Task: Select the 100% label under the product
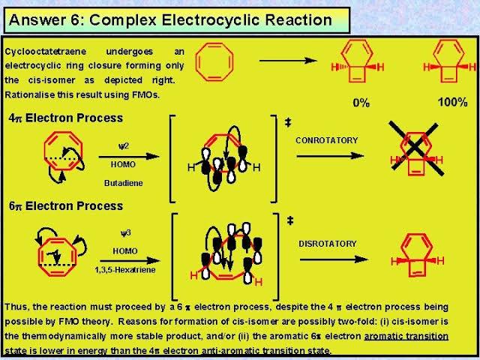(x=452, y=101)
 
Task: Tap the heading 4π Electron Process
(x=64, y=118)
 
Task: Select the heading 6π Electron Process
(x=64, y=205)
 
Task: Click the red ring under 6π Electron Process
(x=54, y=250)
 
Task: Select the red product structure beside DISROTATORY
(x=417, y=259)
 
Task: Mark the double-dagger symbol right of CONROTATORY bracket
(x=288, y=121)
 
